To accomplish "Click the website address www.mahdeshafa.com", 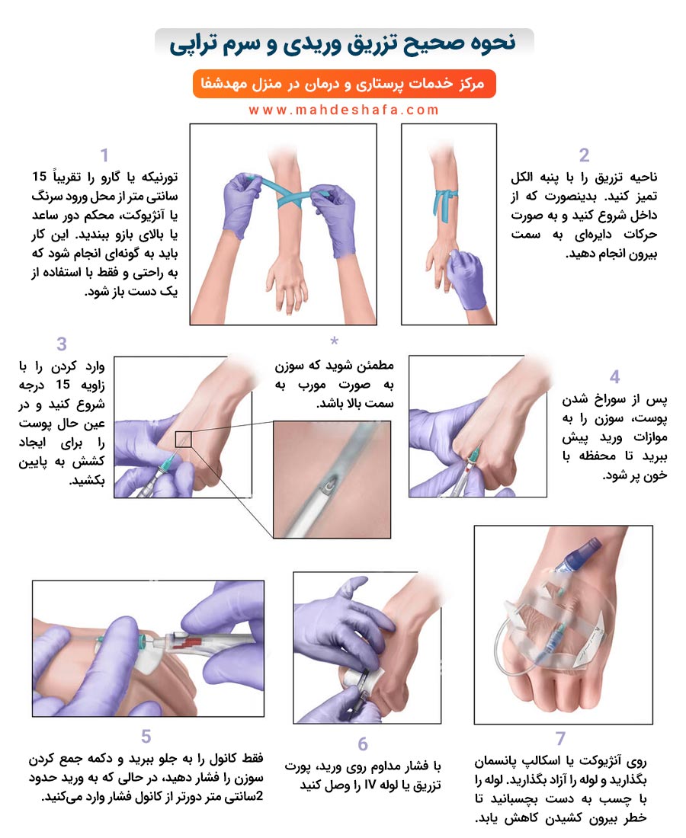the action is click(x=343, y=110).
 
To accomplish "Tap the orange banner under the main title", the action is click(x=345, y=84).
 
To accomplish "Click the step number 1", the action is click(x=104, y=155).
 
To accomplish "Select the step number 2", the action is click(x=584, y=155).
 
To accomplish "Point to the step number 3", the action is click(x=62, y=344).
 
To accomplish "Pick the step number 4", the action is click(x=615, y=377).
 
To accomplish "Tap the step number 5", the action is click(x=146, y=737).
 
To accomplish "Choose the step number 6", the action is click(x=363, y=744).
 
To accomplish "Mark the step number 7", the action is click(x=560, y=738).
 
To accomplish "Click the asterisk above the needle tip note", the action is click(x=335, y=341).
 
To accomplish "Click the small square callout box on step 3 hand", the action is click(x=183, y=439).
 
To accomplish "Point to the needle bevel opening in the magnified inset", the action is click(x=328, y=485).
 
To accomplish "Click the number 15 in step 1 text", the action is click(x=40, y=177).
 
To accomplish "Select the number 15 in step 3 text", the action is click(x=63, y=384).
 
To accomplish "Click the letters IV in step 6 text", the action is click(x=370, y=785).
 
